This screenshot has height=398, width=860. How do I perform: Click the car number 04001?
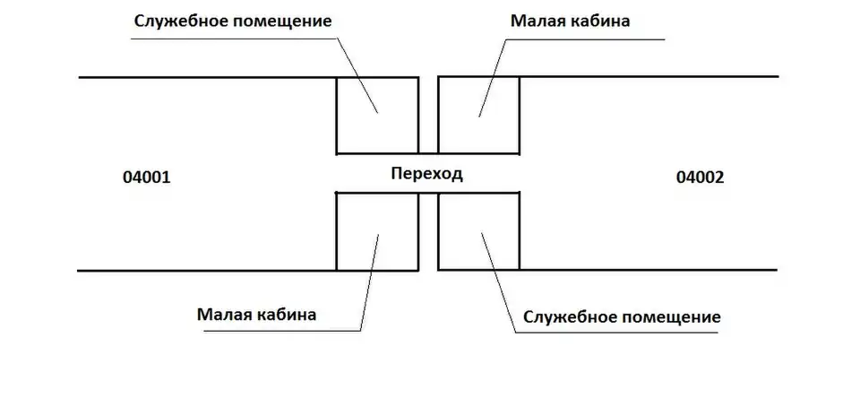145,177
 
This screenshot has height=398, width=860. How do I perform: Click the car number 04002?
700,177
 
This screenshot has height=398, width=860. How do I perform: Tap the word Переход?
426,174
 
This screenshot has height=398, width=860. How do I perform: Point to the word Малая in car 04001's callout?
224,315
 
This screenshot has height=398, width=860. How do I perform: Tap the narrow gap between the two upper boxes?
428,116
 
